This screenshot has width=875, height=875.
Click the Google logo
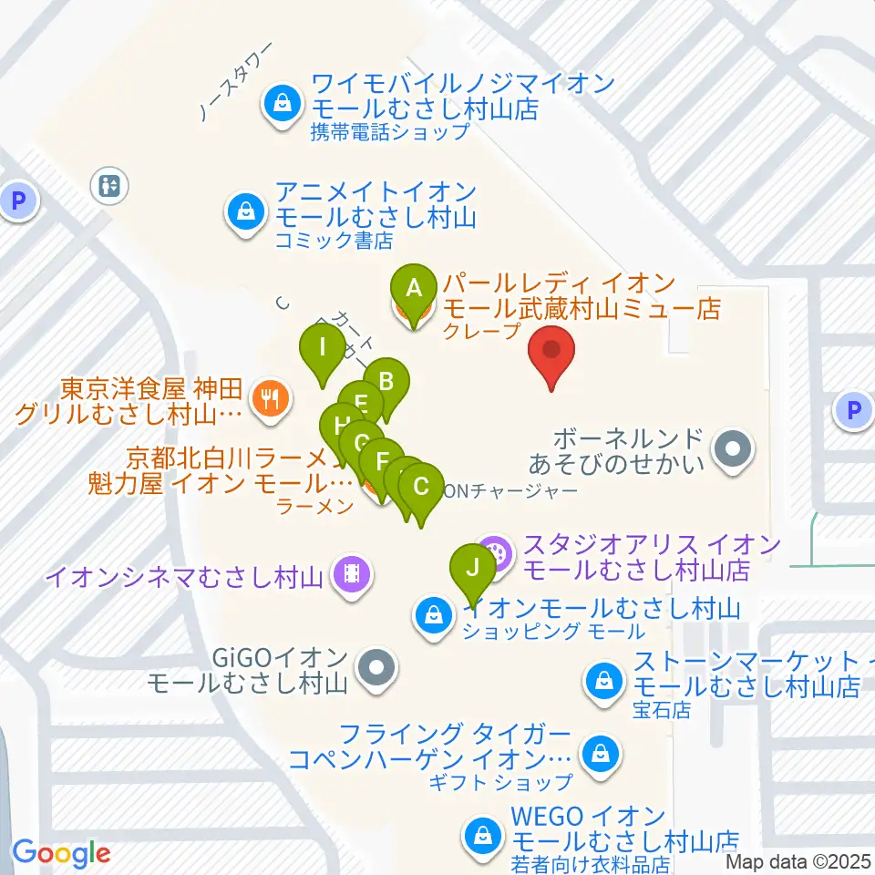61,853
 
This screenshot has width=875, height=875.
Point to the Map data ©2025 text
798,861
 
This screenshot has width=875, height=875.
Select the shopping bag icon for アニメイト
245,212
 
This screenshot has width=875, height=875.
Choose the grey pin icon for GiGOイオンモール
375,668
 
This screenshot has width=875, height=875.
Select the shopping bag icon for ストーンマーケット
603,679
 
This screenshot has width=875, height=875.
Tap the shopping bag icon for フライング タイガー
601,753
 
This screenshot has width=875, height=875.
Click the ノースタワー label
236,82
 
